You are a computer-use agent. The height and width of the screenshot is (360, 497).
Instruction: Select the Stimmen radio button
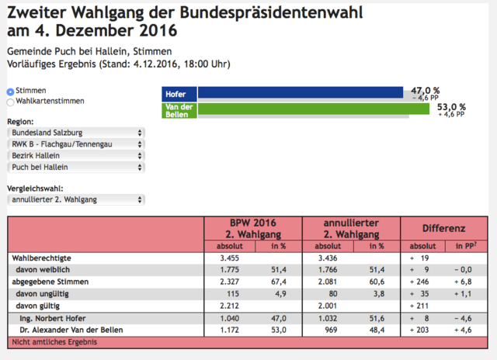tap(10, 92)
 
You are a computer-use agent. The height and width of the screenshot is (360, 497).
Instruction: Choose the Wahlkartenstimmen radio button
tap(10, 102)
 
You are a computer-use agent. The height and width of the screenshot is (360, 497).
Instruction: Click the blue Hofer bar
tap(301, 92)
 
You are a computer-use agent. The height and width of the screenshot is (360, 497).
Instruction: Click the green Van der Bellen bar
tap(314, 109)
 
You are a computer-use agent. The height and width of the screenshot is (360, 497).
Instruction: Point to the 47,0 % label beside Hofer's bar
tap(426, 91)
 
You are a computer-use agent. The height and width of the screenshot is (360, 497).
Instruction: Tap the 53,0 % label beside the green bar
tap(451, 107)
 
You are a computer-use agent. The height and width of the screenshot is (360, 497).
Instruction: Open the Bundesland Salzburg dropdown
tap(76, 133)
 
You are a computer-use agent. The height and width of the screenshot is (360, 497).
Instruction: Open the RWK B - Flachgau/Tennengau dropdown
tap(76, 144)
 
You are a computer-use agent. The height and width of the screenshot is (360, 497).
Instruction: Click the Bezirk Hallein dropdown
tap(76, 156)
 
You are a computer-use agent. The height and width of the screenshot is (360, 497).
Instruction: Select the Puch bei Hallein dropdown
tap(76, 167)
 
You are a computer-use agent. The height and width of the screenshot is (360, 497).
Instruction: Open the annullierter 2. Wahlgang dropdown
tap(76, 200)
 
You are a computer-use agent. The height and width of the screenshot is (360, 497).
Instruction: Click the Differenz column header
tap(443, 228)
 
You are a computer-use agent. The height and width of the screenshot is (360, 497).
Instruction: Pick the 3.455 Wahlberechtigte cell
tap(230, 258)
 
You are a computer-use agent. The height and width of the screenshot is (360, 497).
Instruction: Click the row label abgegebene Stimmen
tap(50, 282)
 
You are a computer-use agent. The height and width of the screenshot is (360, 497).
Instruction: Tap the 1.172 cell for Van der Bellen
tap(230, 330)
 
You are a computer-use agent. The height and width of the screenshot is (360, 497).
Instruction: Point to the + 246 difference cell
tap(419, 282)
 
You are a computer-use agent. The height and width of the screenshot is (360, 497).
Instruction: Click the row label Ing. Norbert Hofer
tap(53, 318)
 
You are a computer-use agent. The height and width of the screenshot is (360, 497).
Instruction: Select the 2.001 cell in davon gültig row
tap(328, 306)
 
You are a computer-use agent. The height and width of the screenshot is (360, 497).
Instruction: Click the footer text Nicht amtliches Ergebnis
tap(54, 342)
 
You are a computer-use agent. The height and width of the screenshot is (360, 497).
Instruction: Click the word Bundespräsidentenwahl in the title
tap(271, 13)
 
